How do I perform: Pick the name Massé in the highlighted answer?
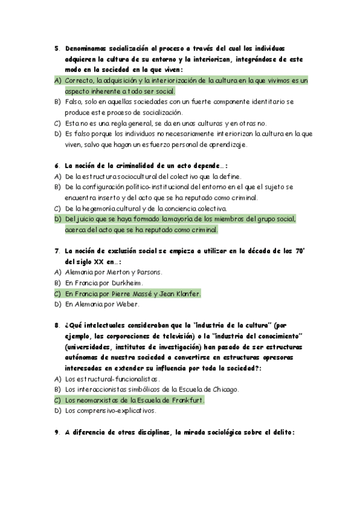[x=139, y=294]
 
